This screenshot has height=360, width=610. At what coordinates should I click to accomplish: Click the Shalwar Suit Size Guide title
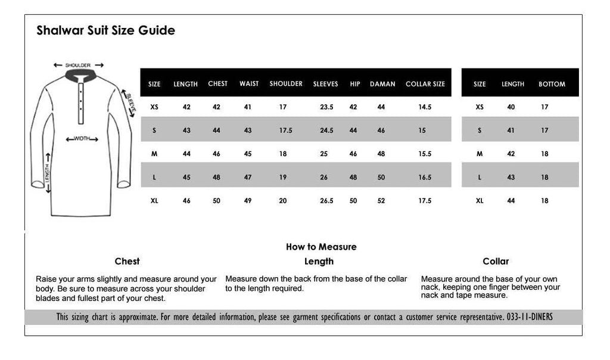105,30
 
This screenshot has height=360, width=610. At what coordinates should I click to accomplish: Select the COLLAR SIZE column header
425,84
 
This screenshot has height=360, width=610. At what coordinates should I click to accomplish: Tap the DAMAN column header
382,84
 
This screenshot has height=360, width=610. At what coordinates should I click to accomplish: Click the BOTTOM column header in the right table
552,84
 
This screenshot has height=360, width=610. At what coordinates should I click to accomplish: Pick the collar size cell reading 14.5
425,107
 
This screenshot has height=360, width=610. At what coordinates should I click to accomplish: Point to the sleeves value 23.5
326,107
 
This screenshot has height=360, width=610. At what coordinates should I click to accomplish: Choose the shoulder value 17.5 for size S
285,131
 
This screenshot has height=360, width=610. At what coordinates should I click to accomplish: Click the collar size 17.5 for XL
425,201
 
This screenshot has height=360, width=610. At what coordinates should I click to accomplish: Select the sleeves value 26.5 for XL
326,201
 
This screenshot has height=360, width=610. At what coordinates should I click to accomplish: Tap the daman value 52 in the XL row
381,201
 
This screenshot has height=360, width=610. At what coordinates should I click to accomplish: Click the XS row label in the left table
154,107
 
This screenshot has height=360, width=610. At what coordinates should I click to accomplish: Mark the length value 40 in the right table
511,107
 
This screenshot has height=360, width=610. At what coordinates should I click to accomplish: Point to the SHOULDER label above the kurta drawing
78,65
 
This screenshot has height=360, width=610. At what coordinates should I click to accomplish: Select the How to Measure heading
321,247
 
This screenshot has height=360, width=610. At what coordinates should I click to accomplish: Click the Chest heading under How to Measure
127,261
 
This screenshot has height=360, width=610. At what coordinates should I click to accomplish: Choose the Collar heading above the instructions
496,261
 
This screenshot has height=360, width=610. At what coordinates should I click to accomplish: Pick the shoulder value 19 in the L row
283,178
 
